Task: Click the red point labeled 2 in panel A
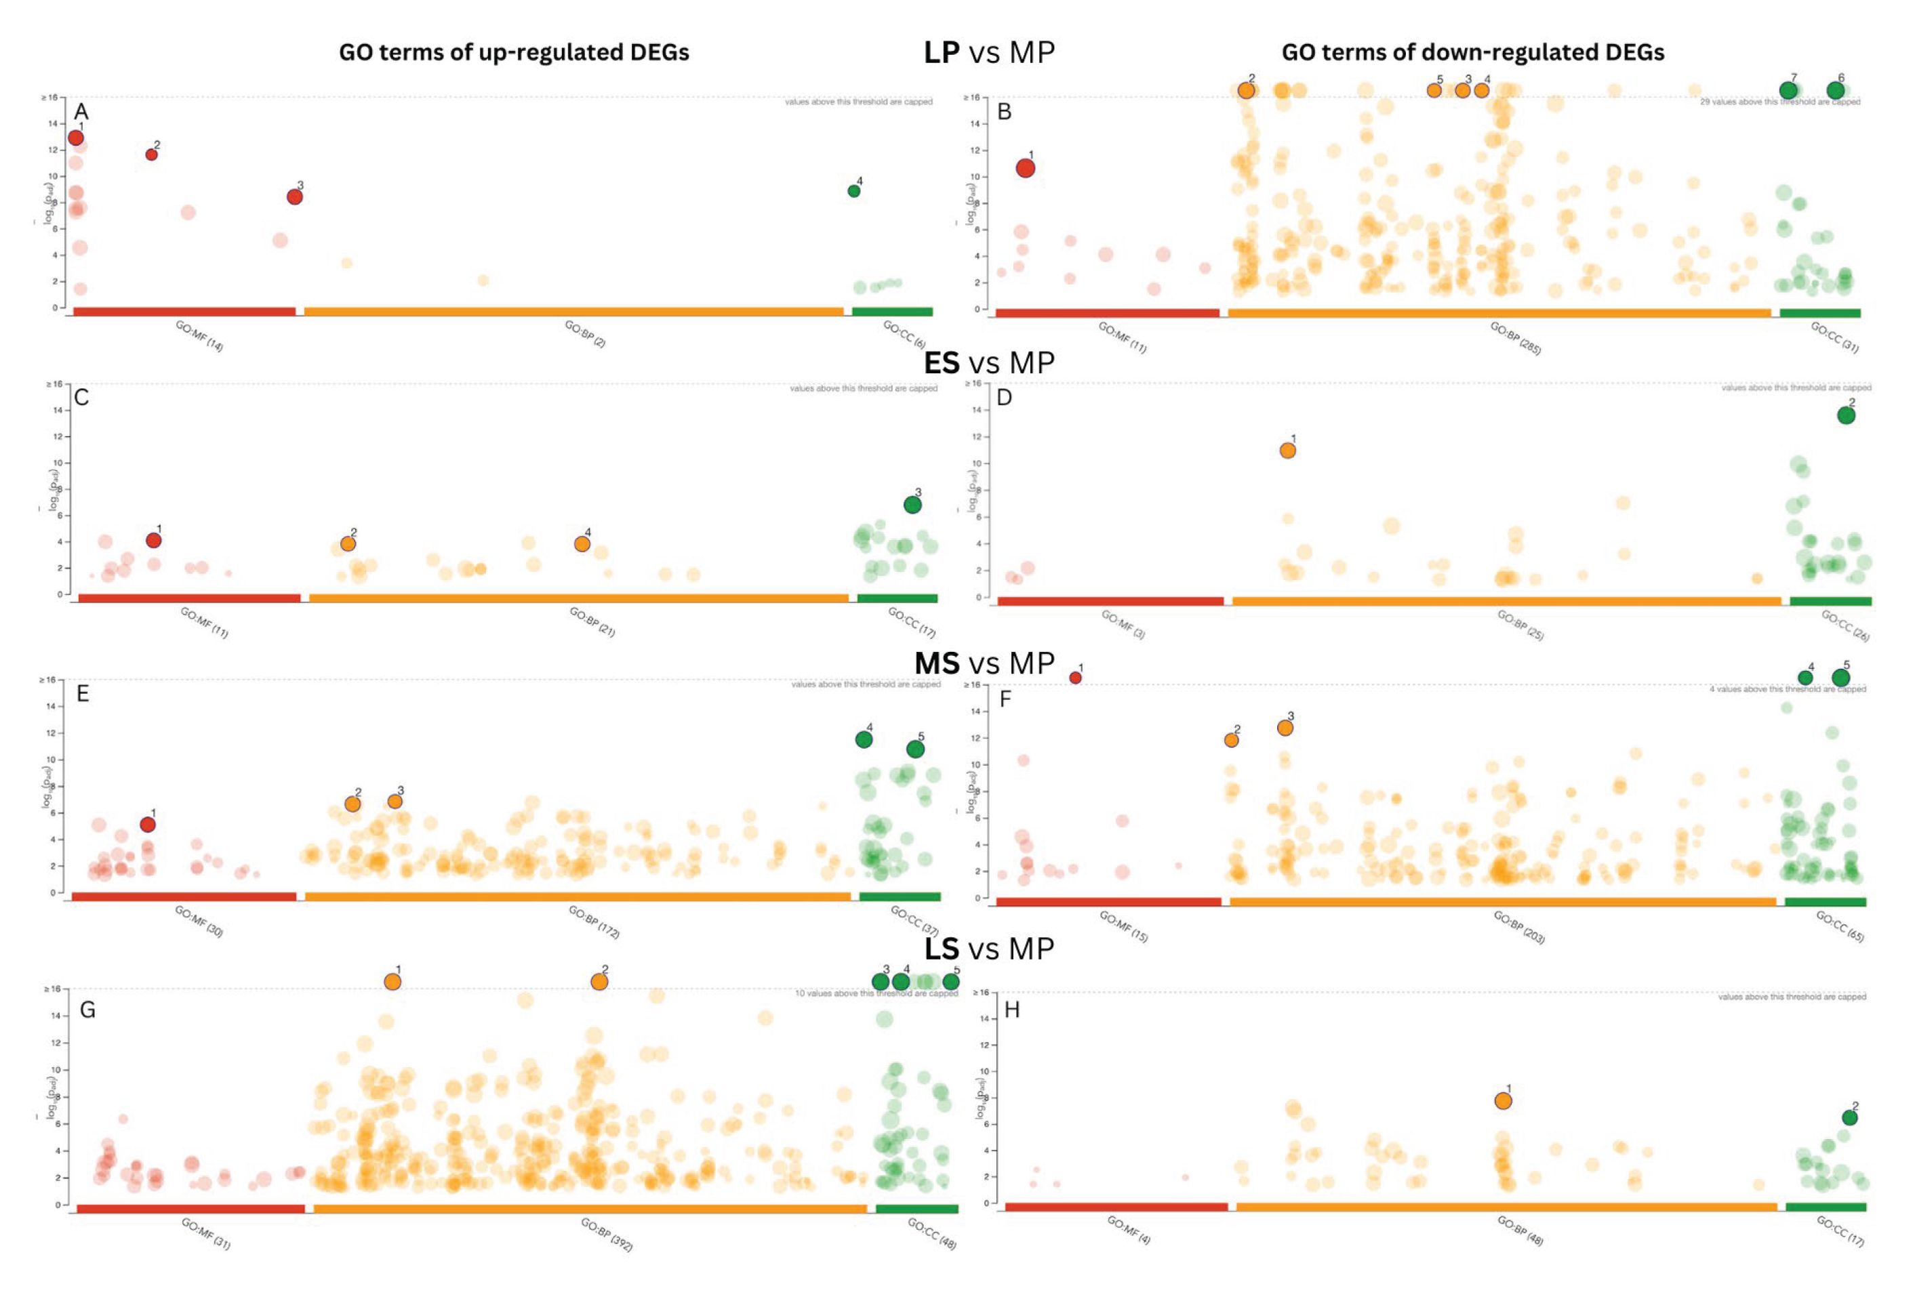tap(152, 155)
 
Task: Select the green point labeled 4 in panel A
tap(853, 191)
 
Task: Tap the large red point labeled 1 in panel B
tap(1025, 168)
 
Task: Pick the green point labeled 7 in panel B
tap(1788, 91)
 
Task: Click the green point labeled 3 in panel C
tap(912, 505)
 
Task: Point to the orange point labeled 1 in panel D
tap(1287, 451)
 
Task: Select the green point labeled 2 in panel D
tap(1846, 415)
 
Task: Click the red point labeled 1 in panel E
tap(148, 825)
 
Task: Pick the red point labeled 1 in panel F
tap(1075, 678)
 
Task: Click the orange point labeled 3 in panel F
tap(1285, 728)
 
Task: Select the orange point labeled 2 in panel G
tap(599, 982)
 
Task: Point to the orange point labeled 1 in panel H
tap(1503, 1101)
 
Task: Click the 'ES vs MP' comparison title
tap(989, 363)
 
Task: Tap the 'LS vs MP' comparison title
tap(989, 949)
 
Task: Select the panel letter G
tap(87, 1010)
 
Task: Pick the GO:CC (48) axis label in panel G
tap(931, 1235)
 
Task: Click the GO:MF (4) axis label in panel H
tap(1128, 1230)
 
